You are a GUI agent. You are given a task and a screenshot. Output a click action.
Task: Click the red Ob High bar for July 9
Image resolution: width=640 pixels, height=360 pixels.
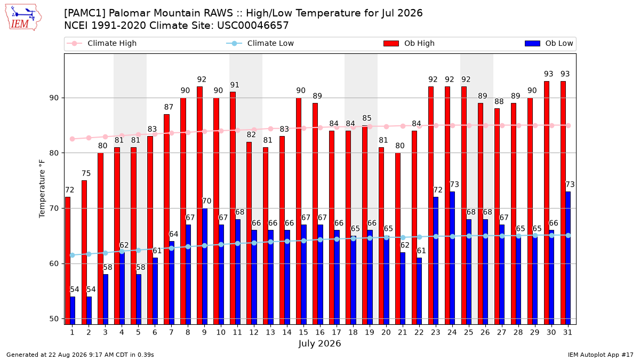(x=199, y=205)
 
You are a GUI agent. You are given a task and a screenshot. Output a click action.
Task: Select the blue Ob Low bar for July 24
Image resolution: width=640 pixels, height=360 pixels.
(x=452, y=258)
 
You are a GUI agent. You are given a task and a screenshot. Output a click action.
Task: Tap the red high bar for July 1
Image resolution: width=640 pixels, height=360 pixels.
(x=68, y=261)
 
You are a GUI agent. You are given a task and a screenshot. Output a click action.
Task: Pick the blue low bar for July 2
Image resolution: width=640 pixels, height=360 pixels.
(x=89, y=310)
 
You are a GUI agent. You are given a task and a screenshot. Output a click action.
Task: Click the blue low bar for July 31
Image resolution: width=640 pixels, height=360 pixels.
(x=568, y=258)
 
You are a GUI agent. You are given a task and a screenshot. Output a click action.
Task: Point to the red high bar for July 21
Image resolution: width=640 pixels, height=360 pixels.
(x=398, y=238)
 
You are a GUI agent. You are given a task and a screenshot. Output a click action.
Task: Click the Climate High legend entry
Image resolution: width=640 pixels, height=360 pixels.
(x=102, y=43)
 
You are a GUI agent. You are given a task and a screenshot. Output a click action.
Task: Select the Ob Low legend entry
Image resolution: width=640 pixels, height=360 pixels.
(x=549, y=43)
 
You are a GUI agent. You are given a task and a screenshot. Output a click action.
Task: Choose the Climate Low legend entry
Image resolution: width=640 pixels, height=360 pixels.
(x=260, y=43)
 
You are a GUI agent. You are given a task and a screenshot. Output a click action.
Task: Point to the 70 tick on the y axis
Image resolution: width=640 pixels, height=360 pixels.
(x=54, y=209)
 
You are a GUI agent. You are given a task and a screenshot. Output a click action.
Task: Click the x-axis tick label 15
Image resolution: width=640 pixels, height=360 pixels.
(x=303, y=332)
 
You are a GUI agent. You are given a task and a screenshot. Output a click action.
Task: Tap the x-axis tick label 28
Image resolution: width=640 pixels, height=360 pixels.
(x=518, y=332)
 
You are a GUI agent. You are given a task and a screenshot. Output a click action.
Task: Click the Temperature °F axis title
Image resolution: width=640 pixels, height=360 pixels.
(x=42, y=189)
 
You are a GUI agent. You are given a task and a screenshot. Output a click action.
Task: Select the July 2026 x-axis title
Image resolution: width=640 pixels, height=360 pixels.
(x=319, y=343)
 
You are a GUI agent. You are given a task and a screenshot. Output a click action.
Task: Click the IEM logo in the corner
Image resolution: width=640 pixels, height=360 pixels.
(x=23, y=18)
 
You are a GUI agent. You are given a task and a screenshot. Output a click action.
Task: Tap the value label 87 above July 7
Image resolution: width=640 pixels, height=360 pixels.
(x=169, y=107)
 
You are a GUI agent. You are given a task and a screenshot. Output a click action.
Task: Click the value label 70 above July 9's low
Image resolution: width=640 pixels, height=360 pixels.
(x=206, y=201)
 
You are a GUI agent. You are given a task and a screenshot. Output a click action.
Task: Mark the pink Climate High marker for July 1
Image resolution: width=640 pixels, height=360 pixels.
(x=73, y=139)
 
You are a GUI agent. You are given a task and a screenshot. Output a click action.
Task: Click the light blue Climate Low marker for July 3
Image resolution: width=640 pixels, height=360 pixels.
(x=106, y=253)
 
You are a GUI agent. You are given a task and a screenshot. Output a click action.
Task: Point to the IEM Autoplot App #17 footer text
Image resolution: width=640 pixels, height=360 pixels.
(x=601, y=355)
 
